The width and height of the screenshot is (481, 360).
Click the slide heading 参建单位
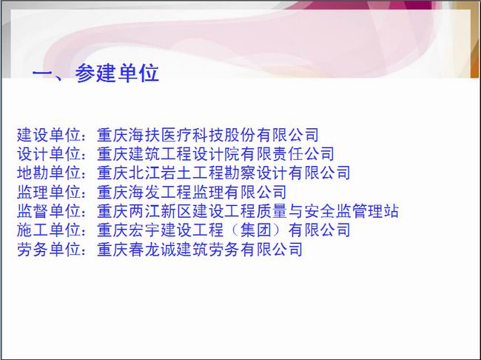tap(117, 73)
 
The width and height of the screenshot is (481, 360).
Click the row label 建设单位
tap(49, 135)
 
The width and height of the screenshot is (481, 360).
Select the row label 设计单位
tap(49, 154)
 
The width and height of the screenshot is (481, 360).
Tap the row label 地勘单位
tap(49, 173)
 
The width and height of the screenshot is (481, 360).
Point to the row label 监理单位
tap(49, 192)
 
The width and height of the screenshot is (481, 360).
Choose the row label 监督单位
tap(49, 211)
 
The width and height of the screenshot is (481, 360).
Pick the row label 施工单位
tap(49, 230)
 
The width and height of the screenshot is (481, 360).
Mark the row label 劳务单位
tap(49, 249)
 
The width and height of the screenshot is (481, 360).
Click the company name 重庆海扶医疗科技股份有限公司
tap(208, 135)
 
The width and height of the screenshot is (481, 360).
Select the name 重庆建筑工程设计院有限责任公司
tap(215, 154)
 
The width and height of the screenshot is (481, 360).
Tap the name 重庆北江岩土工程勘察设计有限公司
tap(223, 173)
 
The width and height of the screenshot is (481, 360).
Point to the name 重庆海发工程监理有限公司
tap(192, 192)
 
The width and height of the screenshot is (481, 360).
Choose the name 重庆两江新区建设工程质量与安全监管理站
tap(248, 211)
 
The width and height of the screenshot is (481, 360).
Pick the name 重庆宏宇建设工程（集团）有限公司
tap(223, 230)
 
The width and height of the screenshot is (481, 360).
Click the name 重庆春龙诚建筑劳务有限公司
tap(200, 249)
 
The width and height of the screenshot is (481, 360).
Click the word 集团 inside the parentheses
tap(256, 230)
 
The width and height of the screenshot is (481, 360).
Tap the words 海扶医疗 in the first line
tap(160, 135)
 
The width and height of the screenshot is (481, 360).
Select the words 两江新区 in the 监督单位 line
tap(160, 211)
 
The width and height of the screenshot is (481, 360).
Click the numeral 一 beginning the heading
tap(42, 74)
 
